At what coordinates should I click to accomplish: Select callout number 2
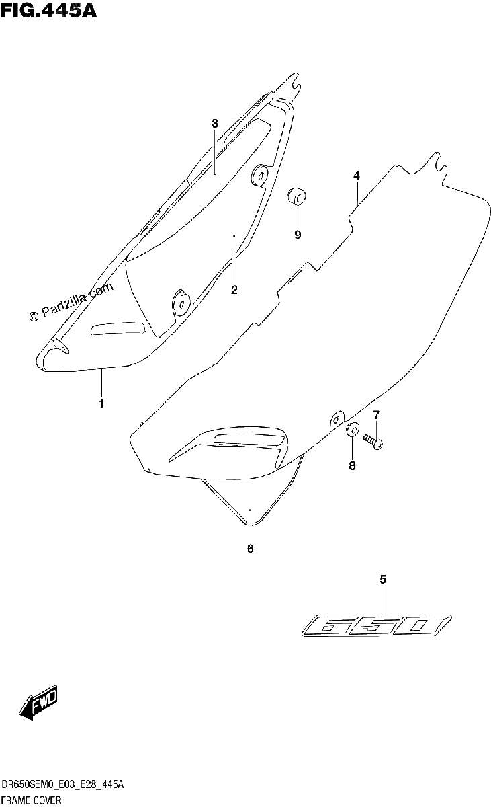(x=234, y=289)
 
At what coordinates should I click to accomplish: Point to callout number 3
(x=215, y=124)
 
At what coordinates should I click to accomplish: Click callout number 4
(x=356, y=176)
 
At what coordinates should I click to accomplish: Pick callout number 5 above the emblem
(x=383, y=579)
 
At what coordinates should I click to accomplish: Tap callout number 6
(x=251, y=549)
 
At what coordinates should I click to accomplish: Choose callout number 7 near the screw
(x=376, y=415)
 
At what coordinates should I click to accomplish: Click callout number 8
(x=352, y=465)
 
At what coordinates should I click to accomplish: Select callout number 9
(x=298, y=235)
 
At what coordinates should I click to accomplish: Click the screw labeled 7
(x=373, y=442)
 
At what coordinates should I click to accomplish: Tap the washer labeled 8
(x=352, y=429)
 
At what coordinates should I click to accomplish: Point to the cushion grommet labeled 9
(x=296, y=196)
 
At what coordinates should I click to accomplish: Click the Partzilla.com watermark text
(x=71, y=301)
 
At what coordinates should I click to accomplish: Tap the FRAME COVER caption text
(x=32, y=800)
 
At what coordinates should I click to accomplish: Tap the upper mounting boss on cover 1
(x=260, y=176)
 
